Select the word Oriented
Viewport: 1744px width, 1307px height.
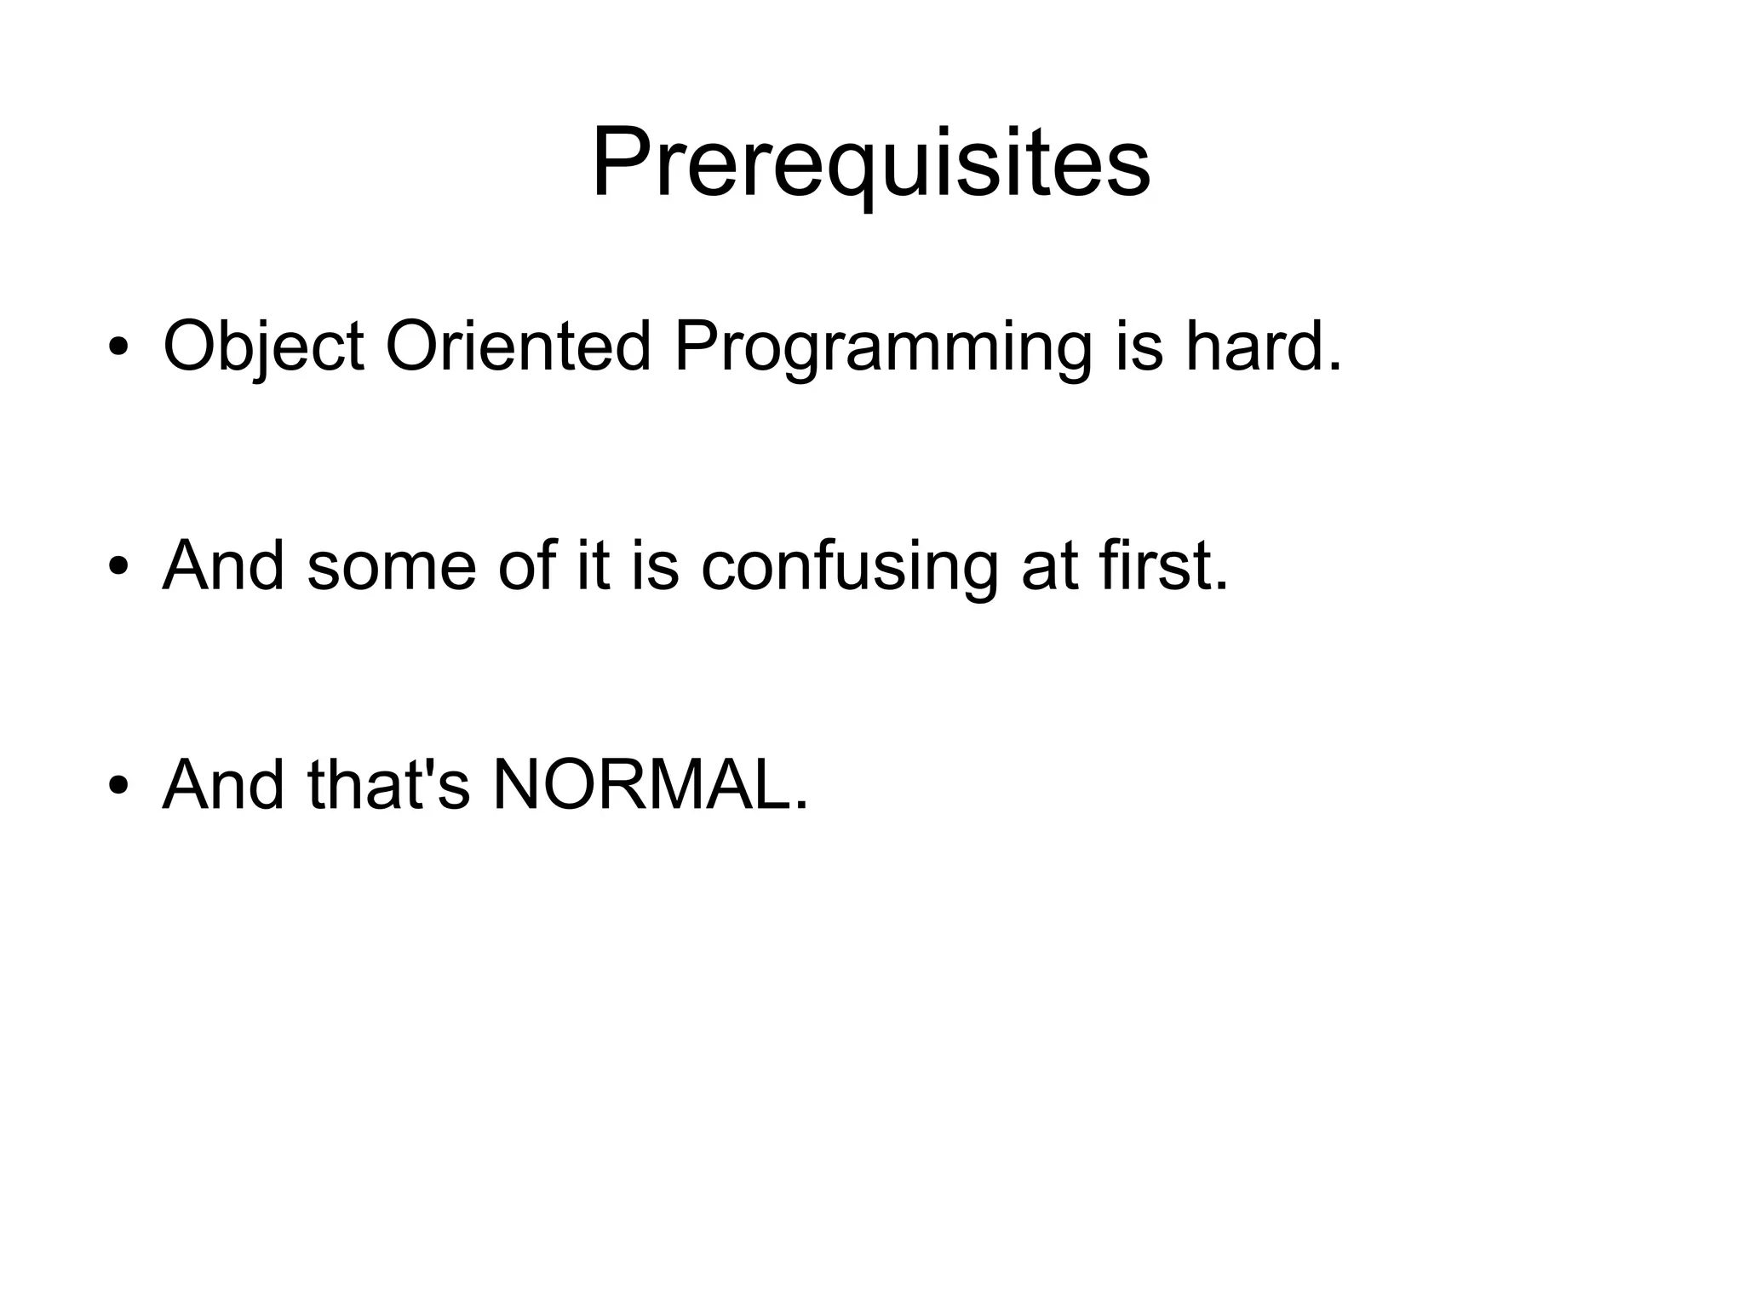coord(519,347)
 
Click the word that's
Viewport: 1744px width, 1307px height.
coord(388,784)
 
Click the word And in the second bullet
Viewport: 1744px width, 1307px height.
coord(223,565)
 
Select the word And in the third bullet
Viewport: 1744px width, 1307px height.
coord(223,784)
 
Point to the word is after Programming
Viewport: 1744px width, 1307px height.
coord(1139,347)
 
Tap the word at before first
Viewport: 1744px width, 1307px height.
coord(1047,566)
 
